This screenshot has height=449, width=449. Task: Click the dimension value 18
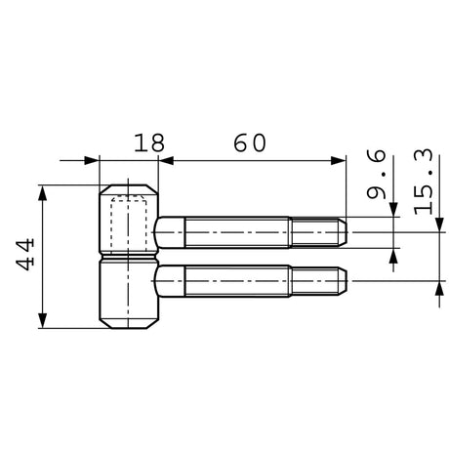[x=149, y=143]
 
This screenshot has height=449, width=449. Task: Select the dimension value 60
[x=250, y=143]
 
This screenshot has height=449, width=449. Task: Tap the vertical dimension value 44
[x=25, y=255]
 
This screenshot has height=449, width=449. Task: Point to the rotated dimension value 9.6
[x=376, y=174]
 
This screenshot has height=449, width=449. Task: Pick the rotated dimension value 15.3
[x=424, y=182]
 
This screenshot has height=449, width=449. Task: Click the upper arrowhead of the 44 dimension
[x=43, y=193]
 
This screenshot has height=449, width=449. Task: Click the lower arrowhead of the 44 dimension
[x=43, y=320]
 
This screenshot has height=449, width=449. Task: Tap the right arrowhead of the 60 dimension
[x=339, y=160]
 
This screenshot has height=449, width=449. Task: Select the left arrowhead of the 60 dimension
[x=166, y=160]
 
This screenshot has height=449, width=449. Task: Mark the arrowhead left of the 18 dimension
[x=91, y=160]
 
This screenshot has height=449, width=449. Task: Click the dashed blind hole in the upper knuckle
[x=129, y=224]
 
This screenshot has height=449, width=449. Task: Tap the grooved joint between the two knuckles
[x=129, y=258]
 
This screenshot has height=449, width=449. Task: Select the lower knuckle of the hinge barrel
[x=129, y=295]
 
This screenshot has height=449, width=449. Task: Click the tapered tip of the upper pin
[x=342, y=232]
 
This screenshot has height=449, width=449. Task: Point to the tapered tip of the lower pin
[x=342, y=281]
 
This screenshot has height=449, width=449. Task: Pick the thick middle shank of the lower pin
[x=237, y=281]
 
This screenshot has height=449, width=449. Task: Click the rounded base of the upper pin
[x=170, y=232]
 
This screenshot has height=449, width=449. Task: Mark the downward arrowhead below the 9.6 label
[x=393, y=209]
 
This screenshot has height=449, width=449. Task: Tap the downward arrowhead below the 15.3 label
[x=439, y=224]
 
